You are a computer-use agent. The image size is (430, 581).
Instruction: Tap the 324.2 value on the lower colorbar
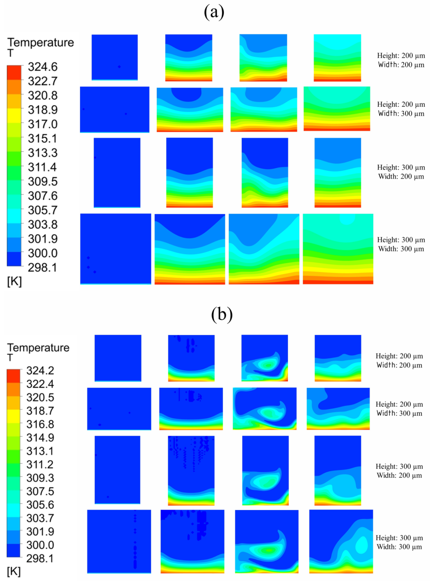[40, 370]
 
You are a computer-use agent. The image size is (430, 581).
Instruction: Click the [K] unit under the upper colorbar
[14, 281]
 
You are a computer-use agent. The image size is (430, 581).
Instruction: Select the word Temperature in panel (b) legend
[38, 347]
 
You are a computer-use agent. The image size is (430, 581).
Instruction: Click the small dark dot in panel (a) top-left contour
[119, 67]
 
